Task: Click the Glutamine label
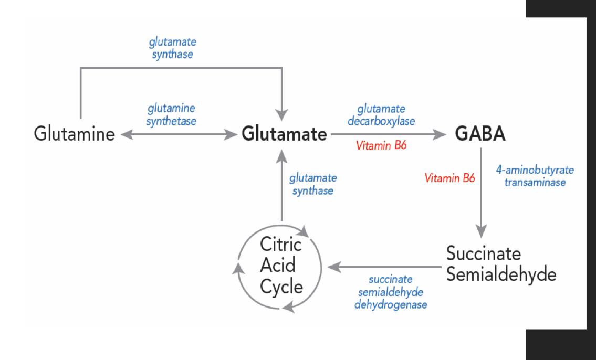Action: pyautogui.click(x=74, y=134)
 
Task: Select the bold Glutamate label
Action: pyautogui.click(x=284, y=134)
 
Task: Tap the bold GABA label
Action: pyautogui.click(x=480, y=134)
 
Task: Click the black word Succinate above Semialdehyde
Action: pyautogui.click(x=484, y=254)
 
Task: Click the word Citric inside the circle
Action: pyautogui.click(x=281, y=245)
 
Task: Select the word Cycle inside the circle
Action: pyautogui.click(x=281, y=287)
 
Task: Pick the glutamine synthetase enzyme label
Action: pyautogui.click(x=172, y=114)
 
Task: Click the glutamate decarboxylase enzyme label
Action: pyautogui.click(x=381, y=115)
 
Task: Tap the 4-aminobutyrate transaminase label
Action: pyautogui.click(x=535, y=176)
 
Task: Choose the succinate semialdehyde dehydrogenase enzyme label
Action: pyautogui.click(x=390, y=292)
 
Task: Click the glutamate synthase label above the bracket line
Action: pyautogui.click(x=172, y=48)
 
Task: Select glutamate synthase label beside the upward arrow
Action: pyautogui.click(x=313, y=184)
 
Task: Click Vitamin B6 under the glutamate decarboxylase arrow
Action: pyautogui.click(x=381, y=146)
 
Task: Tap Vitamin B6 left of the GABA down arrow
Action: pyautogui.click(x=449, y=178)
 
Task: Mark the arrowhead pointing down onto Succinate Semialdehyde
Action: pyautogui.click(x=481, y=231)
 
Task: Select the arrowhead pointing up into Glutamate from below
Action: pyautogui.click(x=282, y=156)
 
